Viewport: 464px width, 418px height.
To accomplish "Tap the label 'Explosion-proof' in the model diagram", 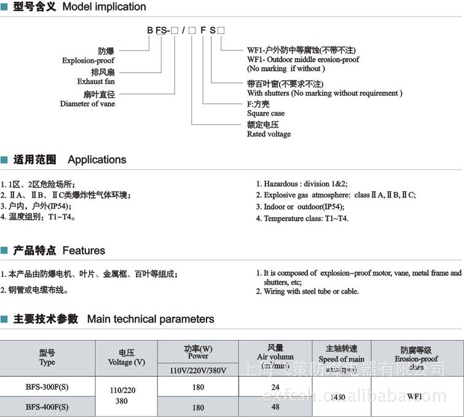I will coord(88,61).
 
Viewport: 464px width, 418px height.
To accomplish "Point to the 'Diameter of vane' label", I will coord(87,104).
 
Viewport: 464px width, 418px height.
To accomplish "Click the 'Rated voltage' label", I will coord(269,134).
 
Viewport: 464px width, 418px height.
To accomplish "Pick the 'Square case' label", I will coord(265,114).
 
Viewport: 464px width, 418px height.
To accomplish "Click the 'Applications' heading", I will coord(96,160).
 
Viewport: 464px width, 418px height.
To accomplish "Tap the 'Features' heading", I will coord(84,251).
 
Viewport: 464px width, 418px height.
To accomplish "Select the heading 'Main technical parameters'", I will coord(151,319).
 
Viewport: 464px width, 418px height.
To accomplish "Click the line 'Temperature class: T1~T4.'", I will coord(302,218).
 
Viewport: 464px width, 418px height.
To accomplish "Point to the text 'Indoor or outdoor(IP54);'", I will coord(300,207).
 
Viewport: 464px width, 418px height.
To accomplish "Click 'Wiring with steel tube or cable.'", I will coord(307,291).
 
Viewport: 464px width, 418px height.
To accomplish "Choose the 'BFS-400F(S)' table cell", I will coord(47,406).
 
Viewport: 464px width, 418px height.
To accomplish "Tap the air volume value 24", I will coord(275,387).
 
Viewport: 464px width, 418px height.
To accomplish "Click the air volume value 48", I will coord(275,406).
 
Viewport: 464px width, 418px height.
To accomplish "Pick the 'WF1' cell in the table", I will coord(414,396).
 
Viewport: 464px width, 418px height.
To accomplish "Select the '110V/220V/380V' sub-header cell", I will coord(198,371).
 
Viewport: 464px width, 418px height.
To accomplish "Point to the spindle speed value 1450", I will coord(337,397).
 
